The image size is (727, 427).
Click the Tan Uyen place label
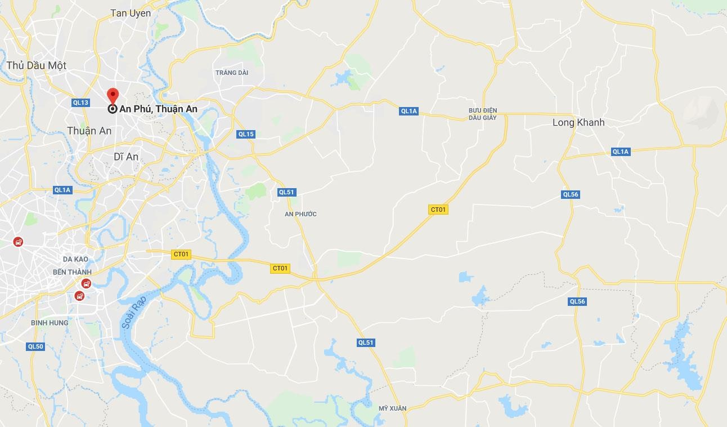pos(131,13)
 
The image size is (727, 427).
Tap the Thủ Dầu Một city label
pos(37,65)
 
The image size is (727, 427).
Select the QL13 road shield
pos(80,103)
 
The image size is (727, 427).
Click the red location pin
pos(113,96)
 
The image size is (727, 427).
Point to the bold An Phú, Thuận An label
pos(158,109)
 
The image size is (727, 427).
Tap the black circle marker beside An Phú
pos(113,109)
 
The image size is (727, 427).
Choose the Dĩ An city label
pos(125,157)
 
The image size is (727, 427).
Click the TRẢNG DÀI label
pos(231,73)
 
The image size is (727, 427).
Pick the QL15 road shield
pos(246,134)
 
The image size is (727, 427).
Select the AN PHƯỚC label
pos(300,214)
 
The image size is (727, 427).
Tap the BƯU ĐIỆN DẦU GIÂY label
pos(482,114)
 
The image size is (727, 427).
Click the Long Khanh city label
pos(578,122)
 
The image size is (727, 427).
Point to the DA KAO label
pos(75,259)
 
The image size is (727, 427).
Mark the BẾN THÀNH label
pos(71,272)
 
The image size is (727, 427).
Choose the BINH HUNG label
pos(50,323)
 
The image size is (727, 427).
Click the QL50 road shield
pos(35,346)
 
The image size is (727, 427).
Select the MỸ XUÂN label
pos(392,408)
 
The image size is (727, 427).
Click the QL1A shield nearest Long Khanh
pos(621,152)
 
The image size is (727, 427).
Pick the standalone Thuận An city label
pos(89,131)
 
